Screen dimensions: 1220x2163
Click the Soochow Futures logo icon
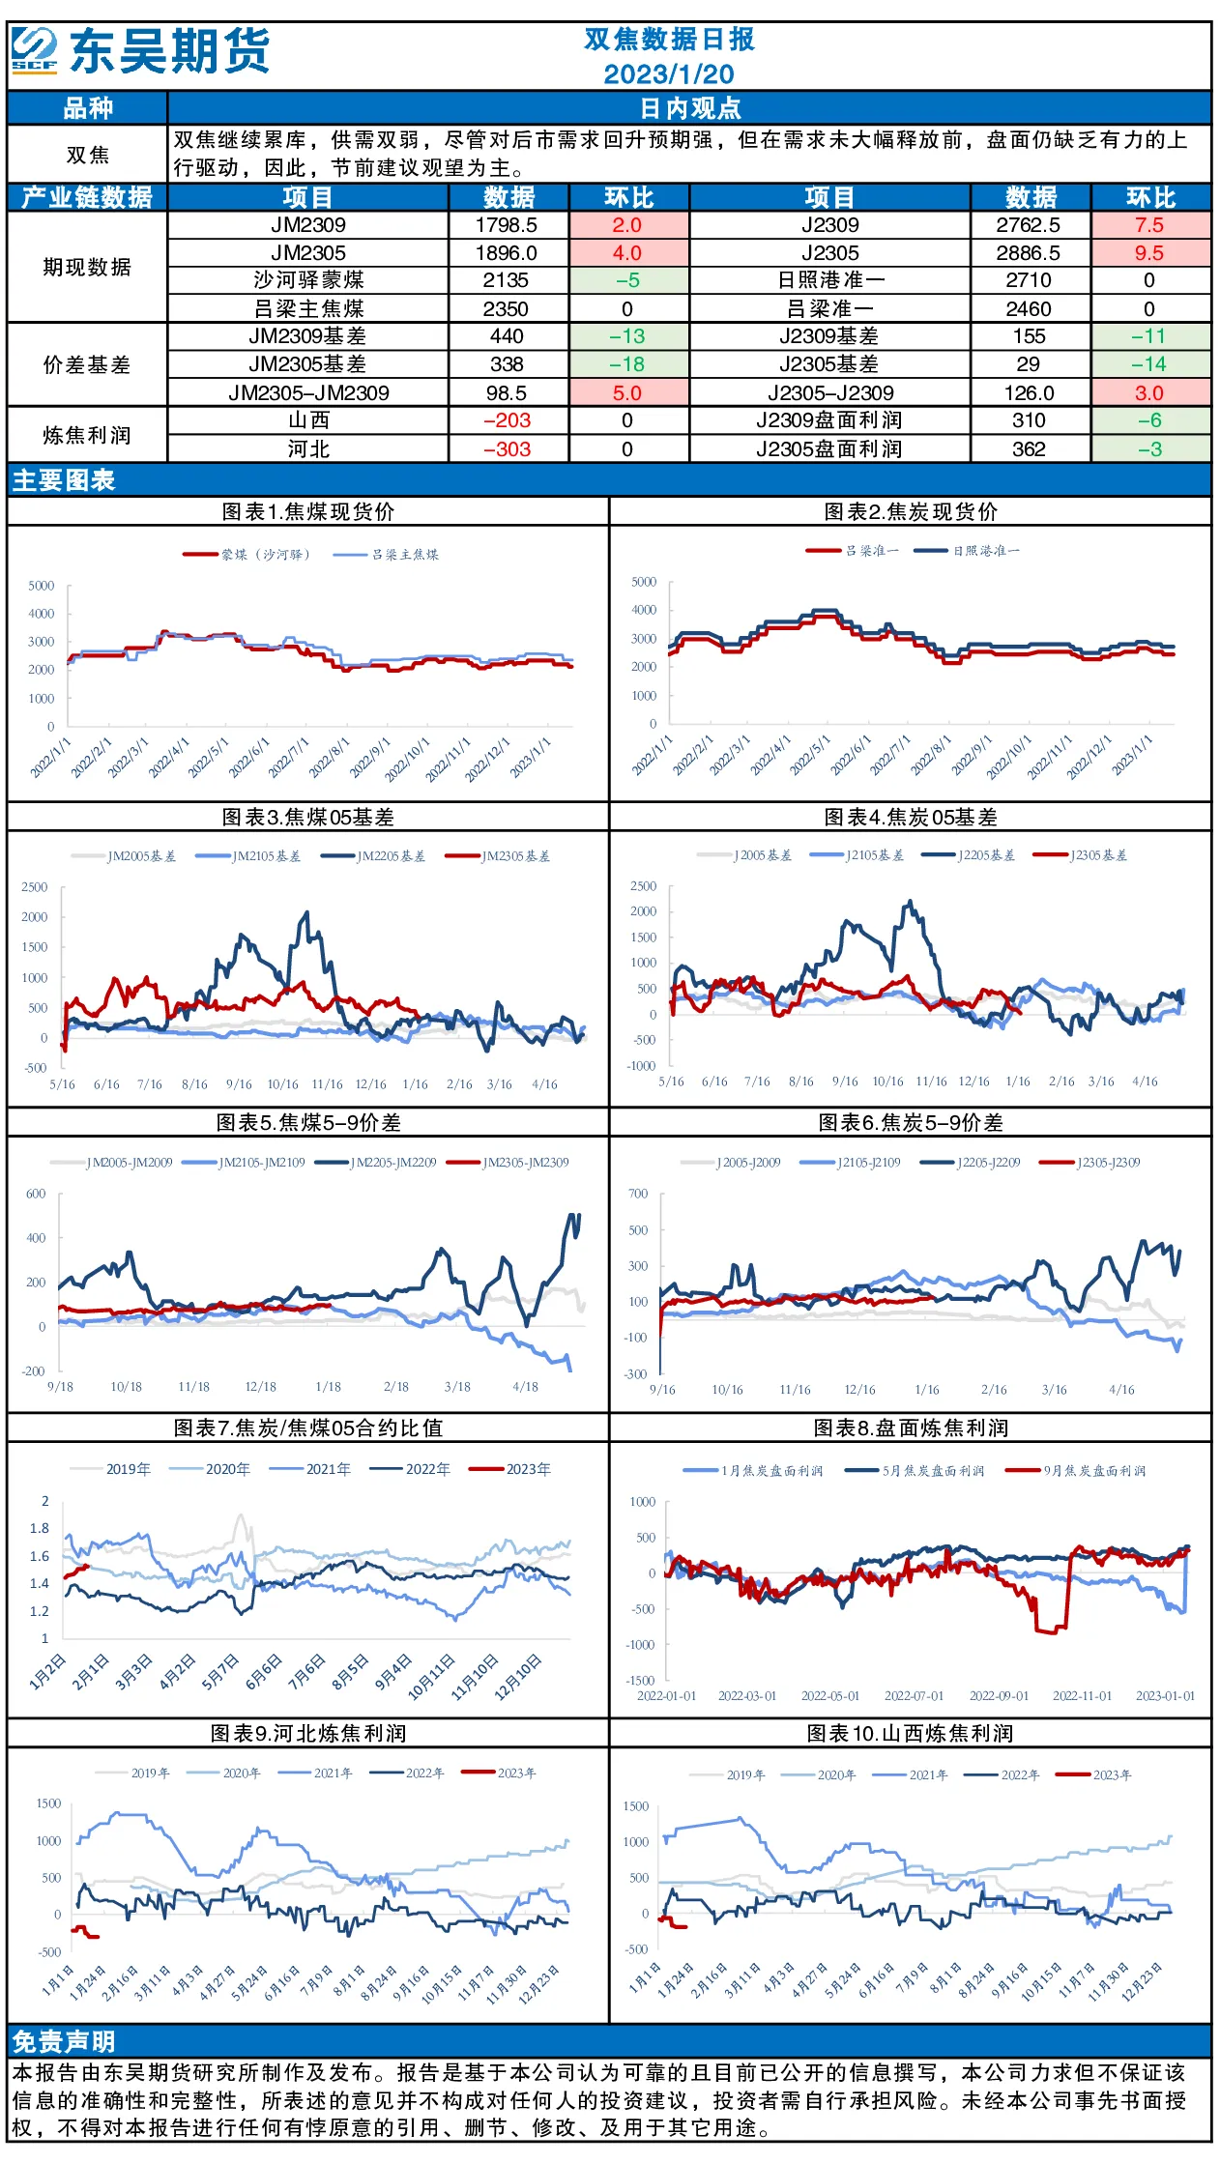coord(35,49)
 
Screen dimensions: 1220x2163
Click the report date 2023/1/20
coord(669,74)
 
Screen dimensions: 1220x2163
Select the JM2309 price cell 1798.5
coord(507,225)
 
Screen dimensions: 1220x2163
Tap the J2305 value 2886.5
coord(1029,253)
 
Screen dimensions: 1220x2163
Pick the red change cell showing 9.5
coord(1149,253)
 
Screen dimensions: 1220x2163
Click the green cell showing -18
coord(627,364)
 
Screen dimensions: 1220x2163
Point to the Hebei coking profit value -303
coord(508,449)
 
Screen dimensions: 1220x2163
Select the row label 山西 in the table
coord(308,420)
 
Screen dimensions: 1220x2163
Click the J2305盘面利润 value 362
coord(1029,449)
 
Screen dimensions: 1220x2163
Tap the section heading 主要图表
coord(64,480)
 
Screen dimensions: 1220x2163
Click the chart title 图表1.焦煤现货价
coord(308,512)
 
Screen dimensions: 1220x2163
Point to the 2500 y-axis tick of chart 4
coord(643,886)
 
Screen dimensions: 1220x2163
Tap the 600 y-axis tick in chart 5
coord(36,1194)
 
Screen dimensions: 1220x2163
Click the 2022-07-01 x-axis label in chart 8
coord(915,1696)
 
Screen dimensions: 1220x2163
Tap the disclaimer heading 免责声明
coord(64,2042)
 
